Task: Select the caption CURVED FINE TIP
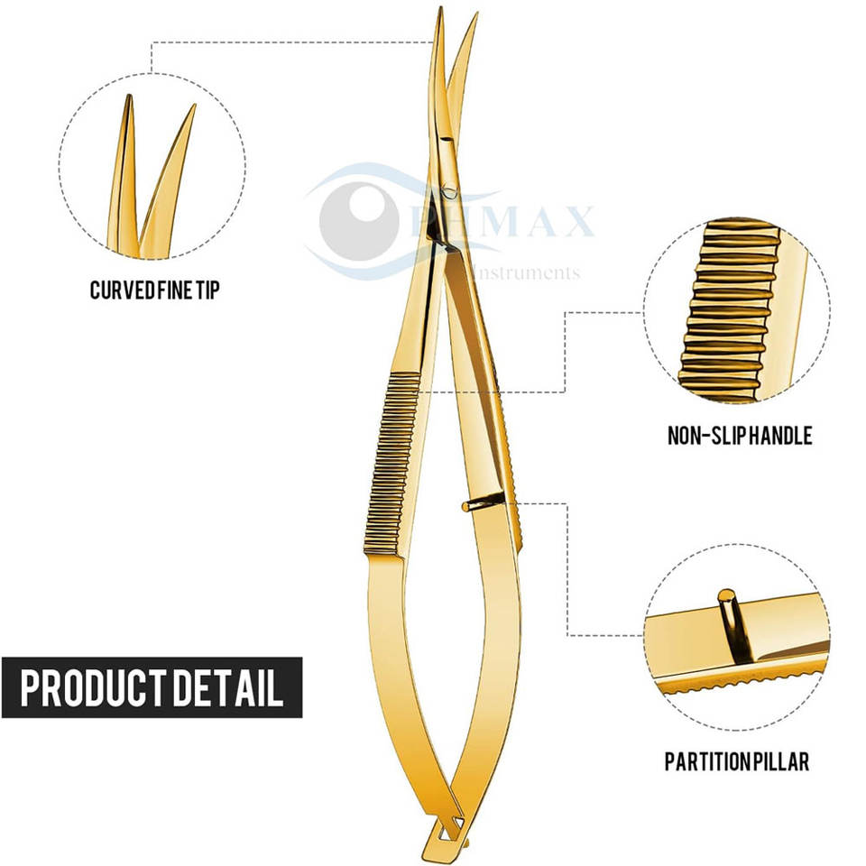(x=154, y=290)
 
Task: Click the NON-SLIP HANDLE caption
(x=740, y=437)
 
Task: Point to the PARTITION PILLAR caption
(x=737, y=761)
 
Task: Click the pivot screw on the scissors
(x=448, y=190)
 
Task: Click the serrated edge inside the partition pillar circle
(x=749, y=681)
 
